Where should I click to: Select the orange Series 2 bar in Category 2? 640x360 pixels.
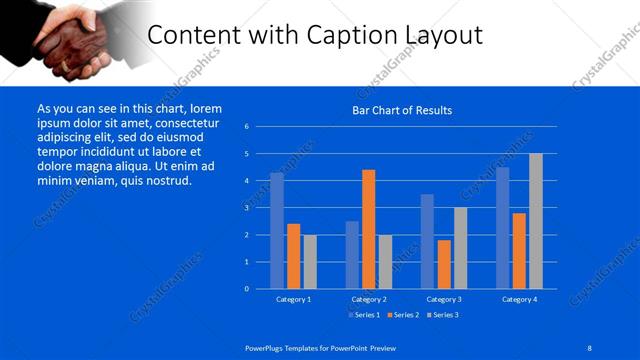point(369,229)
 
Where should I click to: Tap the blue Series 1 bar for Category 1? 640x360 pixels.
point(277,231)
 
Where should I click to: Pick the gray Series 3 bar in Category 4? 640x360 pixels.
point(536,221)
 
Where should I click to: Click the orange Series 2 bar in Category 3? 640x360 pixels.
point(444,264)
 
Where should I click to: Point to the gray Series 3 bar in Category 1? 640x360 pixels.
point(310,261)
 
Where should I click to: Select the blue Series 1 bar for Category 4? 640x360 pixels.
point(503,228)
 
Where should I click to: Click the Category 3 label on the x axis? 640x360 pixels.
point(444,299)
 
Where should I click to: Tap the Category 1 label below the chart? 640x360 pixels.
point(293,299)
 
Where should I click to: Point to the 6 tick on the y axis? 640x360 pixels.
point(246,127)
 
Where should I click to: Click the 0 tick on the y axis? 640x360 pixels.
point(246,289)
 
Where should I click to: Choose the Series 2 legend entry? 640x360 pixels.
point(403,315)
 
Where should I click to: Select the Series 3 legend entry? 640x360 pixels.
point(443,315)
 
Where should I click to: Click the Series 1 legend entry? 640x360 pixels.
point(364,315)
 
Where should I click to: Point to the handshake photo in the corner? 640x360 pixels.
point(76,42)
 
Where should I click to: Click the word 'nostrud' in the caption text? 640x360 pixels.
point(166,181)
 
